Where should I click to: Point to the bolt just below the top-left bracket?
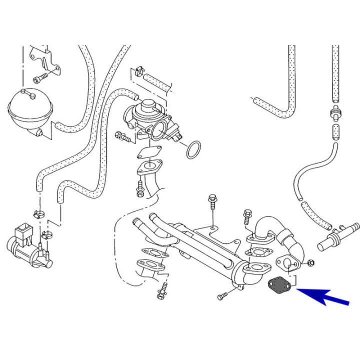click(40, 78)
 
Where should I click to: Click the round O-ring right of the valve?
click(194, 149)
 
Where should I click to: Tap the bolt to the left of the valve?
click(121, 135)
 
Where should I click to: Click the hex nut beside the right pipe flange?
click(310, 262)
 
